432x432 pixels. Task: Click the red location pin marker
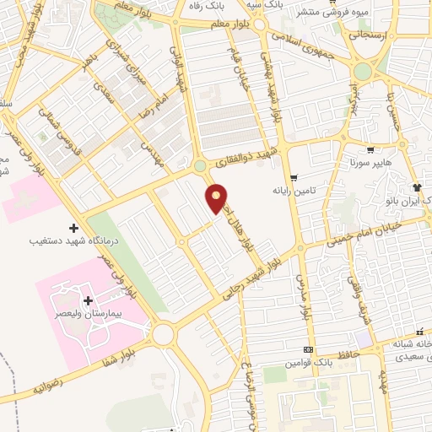tap(217, 197)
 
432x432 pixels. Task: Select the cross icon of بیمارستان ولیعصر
tap(88, 300)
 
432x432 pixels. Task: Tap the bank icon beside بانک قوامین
tap(308, 349)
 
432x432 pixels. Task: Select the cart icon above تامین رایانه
tap(293, 177)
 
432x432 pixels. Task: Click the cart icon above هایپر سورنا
tap(370, 150)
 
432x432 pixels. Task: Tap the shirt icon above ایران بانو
tap(416, 186)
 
